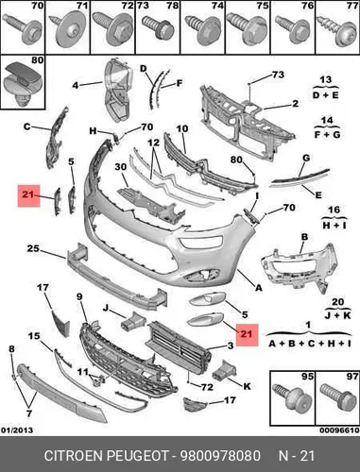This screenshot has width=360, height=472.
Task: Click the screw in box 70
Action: [x=23, y=29]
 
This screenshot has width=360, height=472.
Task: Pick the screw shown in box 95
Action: [x=292, y=397]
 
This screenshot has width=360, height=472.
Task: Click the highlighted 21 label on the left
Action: [x=28, y=195]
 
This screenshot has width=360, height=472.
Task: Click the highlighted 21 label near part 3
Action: [x=247, y=335]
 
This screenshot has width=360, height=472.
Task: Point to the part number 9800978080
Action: [x=220, y=456]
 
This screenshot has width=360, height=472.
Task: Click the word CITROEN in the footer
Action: [x=74, y=456]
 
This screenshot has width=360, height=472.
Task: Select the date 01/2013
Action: [x=17, y=430]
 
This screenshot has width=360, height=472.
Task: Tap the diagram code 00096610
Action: [x=339, y=430]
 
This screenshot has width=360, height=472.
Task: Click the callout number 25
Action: [x=33, y=248]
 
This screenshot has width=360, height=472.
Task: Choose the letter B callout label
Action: [x=304, y=237]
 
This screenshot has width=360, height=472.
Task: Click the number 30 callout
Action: [x=120, y=167]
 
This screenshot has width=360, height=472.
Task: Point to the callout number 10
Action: [x=182, y=128]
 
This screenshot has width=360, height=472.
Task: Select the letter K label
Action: [x=247, y=386]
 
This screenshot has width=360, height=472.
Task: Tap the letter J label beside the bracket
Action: [x=106, y=308]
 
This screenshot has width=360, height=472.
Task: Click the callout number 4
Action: [x=76, y=85]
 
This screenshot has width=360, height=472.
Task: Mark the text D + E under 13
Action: [x=326, y=95]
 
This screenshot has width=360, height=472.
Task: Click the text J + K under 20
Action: [x=337, y=315]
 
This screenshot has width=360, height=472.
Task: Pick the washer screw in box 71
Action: [x=69, y=30]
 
